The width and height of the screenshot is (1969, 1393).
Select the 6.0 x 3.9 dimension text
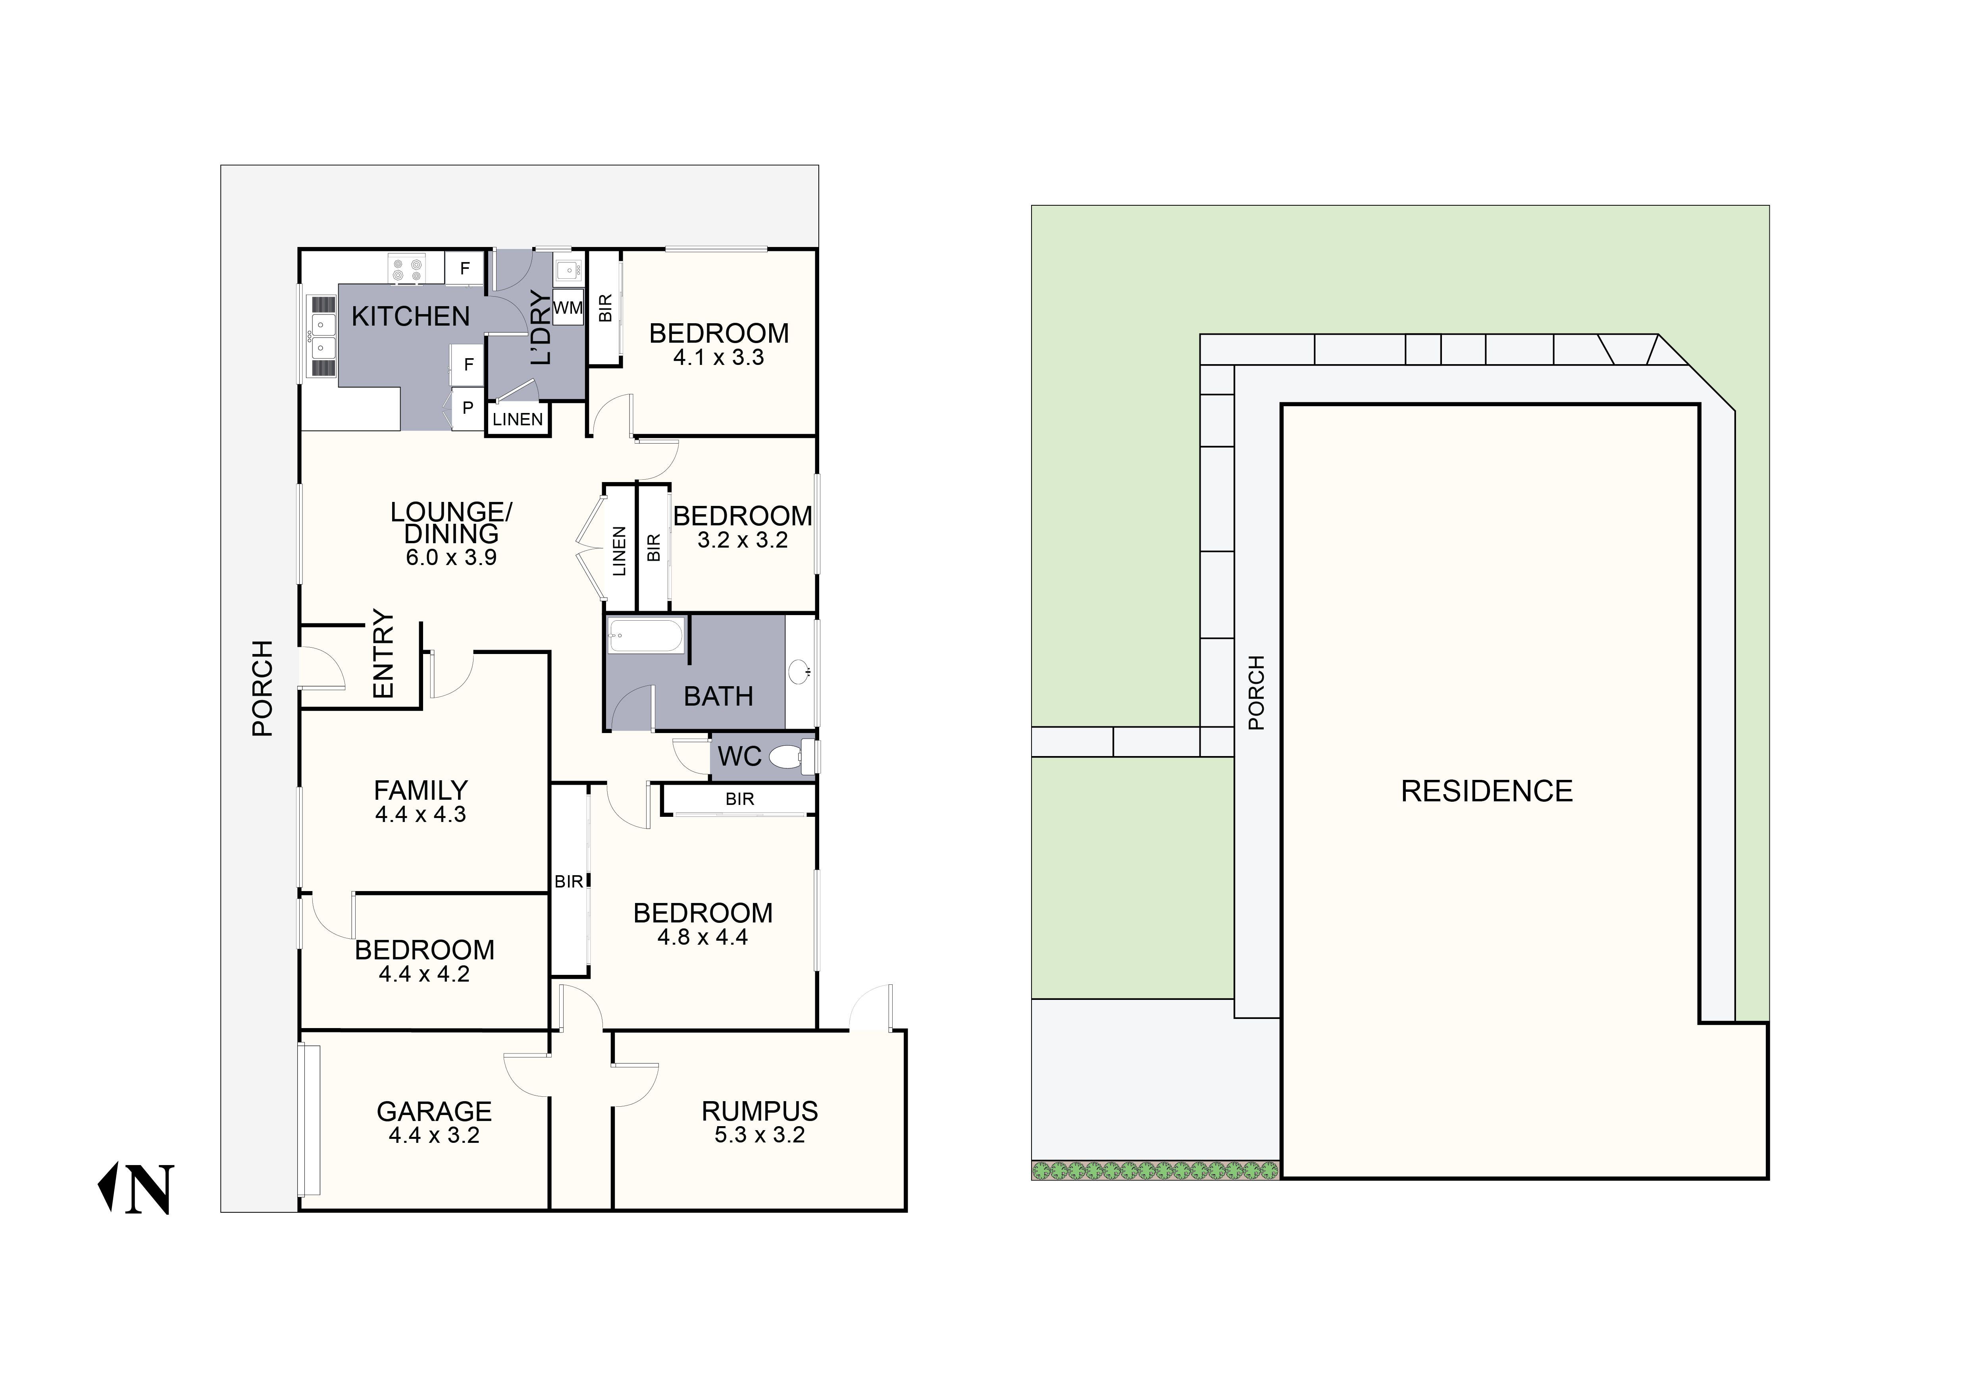pos(451,558)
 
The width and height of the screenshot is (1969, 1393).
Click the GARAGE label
pos(434,1111)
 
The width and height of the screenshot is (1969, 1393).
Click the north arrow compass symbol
pos(137,1189)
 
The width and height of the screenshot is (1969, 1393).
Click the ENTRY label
pos(383,654)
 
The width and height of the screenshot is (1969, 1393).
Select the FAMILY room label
pos(420,789)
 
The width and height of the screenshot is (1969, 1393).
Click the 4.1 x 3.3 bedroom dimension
pos(719,358)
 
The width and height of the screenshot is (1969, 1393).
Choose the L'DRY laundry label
pos(540,328)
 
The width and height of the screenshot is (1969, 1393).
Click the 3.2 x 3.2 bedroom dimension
pos(743,540)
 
